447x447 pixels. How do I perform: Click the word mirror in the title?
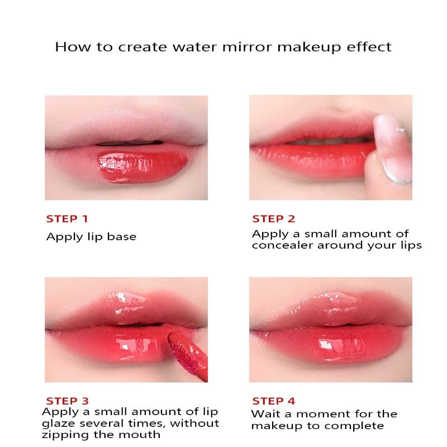coord(247,47)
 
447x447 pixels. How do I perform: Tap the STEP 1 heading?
coord(67,219)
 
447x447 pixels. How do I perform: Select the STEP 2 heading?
coord(273,219)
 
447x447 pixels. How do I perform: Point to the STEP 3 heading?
coord(68,401)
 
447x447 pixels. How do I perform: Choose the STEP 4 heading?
coord(274,401)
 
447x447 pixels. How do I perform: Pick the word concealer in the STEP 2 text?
coord(282,245)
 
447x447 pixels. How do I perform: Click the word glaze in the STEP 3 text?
coord(59,424)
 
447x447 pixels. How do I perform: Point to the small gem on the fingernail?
coord(401,130)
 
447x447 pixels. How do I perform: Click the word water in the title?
coord(194,47)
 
